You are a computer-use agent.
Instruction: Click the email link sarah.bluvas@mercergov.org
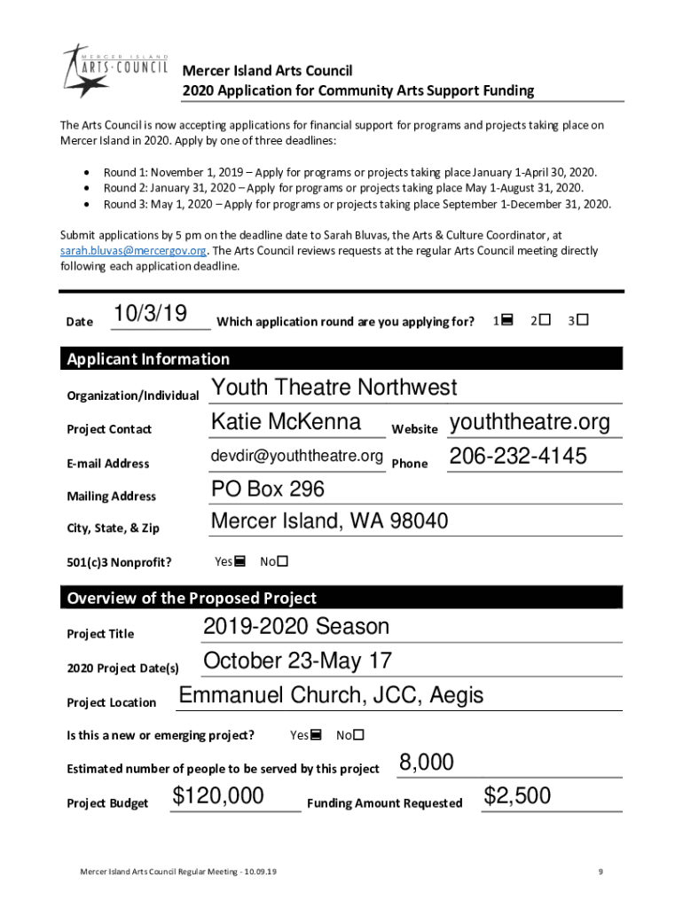coord(133,251)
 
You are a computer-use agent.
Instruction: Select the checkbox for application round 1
coord(506,319)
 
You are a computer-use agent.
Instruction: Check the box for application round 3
coord(583,319)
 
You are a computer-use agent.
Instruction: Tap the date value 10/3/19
coord(151,314)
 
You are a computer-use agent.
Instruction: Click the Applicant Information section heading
coord(148,359)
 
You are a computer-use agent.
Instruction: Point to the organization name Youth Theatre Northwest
coord(334,387)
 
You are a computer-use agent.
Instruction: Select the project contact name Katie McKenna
coord(286,422)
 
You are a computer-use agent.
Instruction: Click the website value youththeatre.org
coord(530,422)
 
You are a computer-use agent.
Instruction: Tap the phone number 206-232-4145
coord(517,457)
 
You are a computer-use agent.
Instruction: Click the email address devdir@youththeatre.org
coord(296,457)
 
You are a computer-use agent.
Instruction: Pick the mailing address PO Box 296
coord(268,489)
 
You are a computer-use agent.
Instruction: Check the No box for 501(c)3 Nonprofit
coord(283,561)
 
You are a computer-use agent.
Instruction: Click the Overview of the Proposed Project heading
coord(192,599)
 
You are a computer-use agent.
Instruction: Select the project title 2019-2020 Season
coord(296,627)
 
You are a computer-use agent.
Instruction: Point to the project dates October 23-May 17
coord(297,661)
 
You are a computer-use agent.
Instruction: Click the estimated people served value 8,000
coord(427,763)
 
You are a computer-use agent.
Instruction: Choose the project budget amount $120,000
coord(218,796)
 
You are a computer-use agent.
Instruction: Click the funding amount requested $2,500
coord(517,796)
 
